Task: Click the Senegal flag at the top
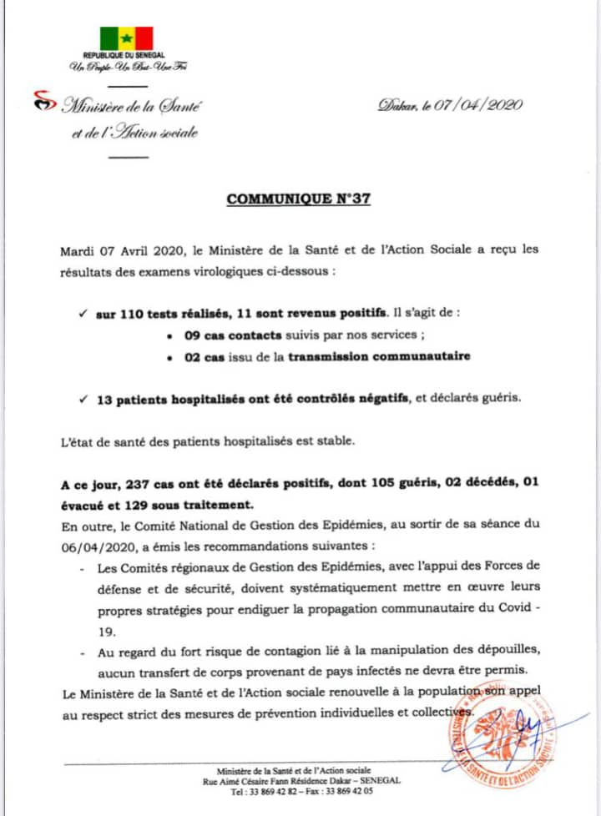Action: point(127,38)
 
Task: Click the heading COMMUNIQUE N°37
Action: point(299,200)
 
